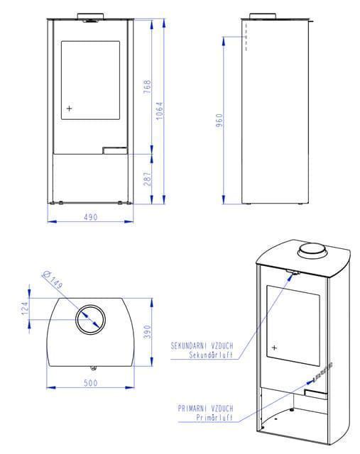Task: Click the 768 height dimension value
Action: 148,87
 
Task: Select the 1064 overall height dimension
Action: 160,111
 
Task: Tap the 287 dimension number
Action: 148,179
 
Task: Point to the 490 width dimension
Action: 91,217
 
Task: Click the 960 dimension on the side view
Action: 219,120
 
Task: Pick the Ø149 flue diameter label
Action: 53,280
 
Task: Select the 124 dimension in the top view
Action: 26,309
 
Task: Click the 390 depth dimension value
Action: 148,332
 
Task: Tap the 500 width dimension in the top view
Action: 91,383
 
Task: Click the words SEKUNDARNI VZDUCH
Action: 202,345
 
